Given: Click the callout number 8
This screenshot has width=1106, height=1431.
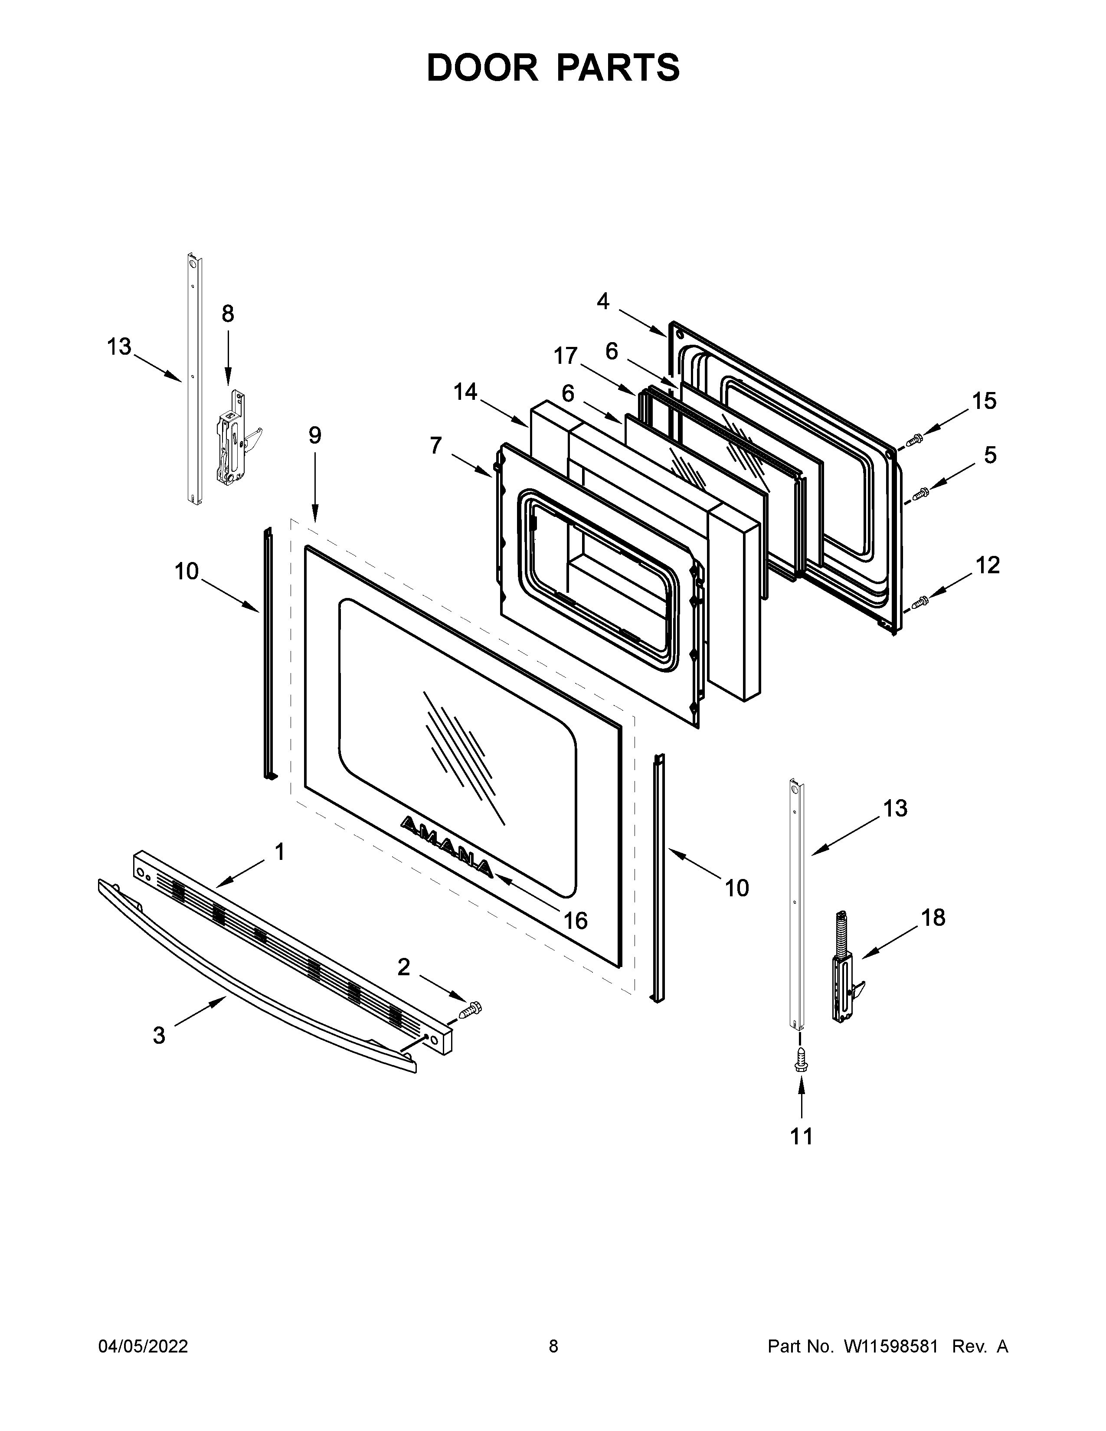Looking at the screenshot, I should [x=227, y=314].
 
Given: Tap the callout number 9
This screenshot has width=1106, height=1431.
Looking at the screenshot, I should [x=315, y=435].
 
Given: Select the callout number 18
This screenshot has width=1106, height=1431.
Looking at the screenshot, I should [x=933, y=918].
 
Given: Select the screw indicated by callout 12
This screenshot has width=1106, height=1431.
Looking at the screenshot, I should [x=920, y=601].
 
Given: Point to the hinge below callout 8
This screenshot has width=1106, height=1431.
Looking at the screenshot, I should [x=235, y=439].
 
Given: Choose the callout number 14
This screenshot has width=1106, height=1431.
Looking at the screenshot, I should [x=465, y=392].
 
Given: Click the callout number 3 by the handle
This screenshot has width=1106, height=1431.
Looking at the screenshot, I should [x=159, y=1035].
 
